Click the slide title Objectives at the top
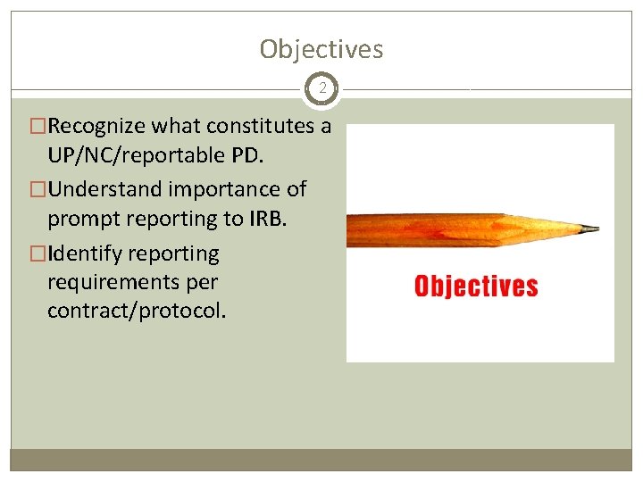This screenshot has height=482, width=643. pos(321,49)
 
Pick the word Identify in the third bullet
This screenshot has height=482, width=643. pos(86,253)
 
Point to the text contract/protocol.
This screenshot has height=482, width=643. pos(137,312)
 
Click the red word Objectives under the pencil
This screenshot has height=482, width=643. pos(476,287)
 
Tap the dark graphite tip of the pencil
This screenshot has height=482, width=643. pos(592,229)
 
